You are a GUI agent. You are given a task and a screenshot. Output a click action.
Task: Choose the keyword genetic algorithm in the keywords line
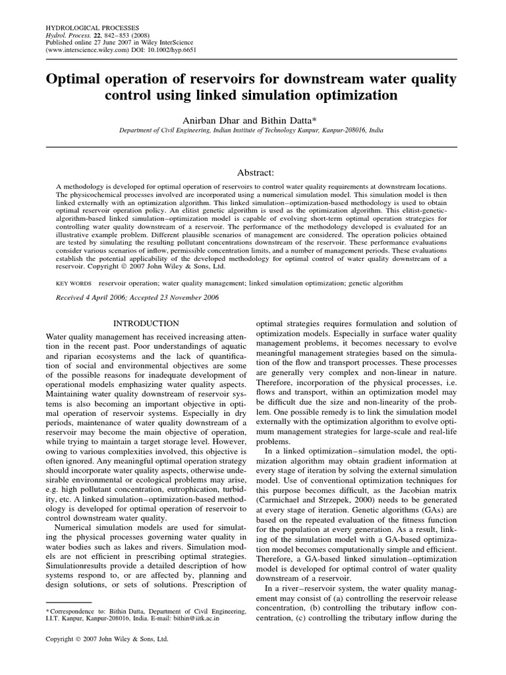click(377, 282)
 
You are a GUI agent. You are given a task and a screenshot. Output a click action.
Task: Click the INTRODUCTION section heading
click(146, 323)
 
